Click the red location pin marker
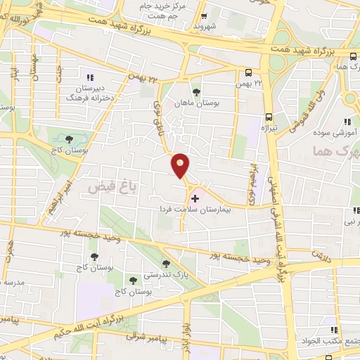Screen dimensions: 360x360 pyautogui.click(x=181, y=165)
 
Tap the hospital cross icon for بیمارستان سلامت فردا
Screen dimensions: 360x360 pyautogui.click(x=195, y=199)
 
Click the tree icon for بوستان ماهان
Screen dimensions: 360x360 pyautogui.click(x=195, y=92)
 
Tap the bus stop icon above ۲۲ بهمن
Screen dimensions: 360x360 pyautogui.click(x=248, y=72)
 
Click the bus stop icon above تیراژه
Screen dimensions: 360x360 pyautogui.click(x=269, y=118)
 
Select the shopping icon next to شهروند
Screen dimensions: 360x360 pyautogui.click(x=204, y=16)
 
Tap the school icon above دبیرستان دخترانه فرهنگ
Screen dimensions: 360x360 pyautogui.click(x=90, y=77)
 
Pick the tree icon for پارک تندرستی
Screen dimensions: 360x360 pyautogui.click(x=166, y=264)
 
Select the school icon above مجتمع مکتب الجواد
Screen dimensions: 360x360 pyautogui.click(x=334, y=330)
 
